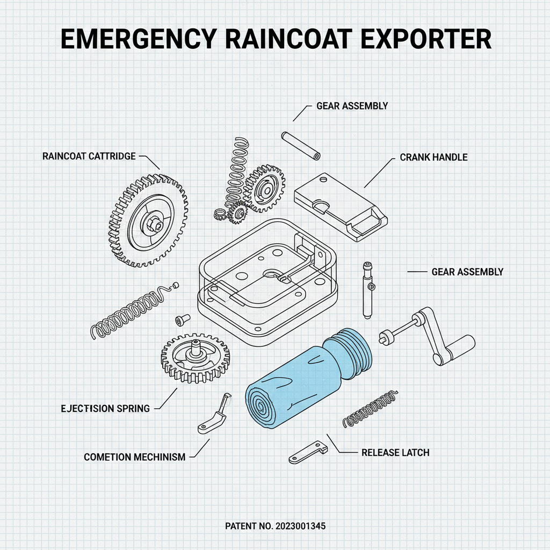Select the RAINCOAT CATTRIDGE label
[89, 156]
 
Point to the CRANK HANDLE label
[433, 157]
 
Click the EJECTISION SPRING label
[105, 408]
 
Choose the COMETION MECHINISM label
[134, 457]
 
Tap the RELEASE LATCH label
[395, 452]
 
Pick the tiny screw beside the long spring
[179, 320]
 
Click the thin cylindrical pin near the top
[301, 144]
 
